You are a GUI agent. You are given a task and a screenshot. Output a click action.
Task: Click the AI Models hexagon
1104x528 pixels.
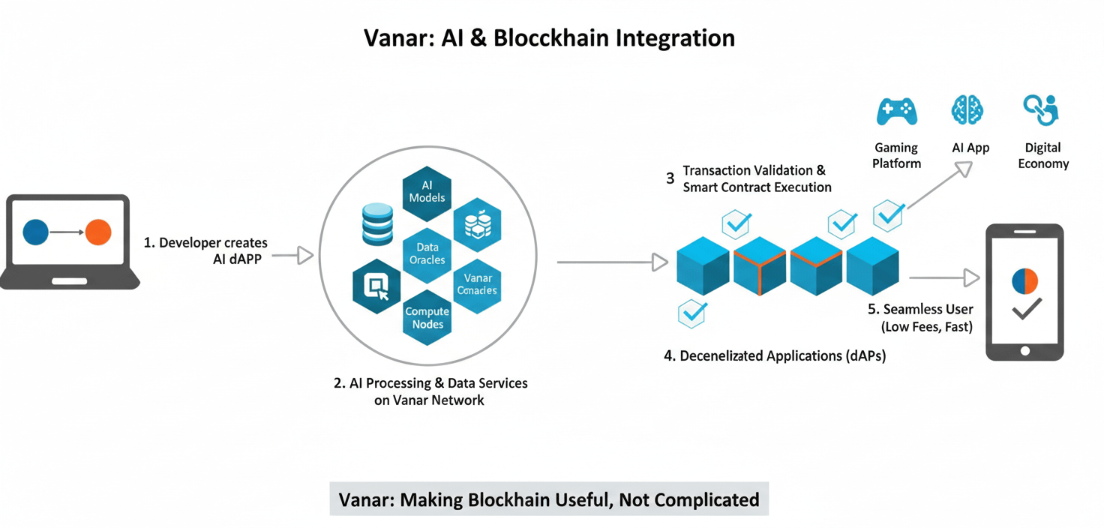point(427,192)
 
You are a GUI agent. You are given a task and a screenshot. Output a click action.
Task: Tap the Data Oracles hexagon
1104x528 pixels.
point(427,253)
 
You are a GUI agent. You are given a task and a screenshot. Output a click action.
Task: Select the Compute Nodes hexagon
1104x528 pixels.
point(427,318)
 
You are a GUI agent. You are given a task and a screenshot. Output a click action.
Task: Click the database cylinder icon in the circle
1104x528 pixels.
point(377,223)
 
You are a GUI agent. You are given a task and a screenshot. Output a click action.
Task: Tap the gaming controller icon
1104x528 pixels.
point(897,112)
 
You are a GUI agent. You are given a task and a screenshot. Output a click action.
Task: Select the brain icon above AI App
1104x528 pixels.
point(967,110)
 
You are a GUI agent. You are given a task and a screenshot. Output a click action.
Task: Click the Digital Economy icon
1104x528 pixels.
point(1041,110)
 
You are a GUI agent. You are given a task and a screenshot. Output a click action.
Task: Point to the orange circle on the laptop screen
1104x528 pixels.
point(98,232)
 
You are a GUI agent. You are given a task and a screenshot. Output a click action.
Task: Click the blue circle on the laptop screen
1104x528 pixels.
point(36,232)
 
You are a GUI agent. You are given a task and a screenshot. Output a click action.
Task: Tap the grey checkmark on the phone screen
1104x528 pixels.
point(1026,308)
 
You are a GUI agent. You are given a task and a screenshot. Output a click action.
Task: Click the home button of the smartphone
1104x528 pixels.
point(1024,350)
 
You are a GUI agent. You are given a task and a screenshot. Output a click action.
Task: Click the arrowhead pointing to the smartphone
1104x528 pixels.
point(972,277)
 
